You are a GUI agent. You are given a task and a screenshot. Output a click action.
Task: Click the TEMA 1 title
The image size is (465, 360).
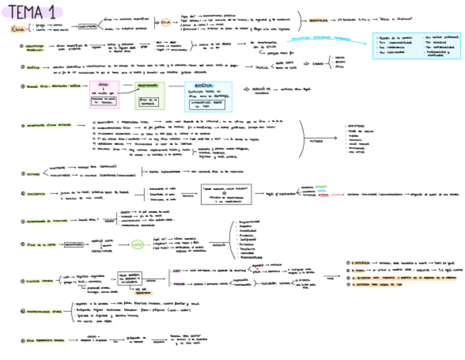coord(33,11)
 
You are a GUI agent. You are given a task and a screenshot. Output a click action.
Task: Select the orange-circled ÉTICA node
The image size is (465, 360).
coord(166,22)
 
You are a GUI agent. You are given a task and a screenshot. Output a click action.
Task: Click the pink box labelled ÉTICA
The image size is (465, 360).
coord(104,94)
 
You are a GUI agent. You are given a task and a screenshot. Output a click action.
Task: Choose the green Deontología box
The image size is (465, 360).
coord(150,94)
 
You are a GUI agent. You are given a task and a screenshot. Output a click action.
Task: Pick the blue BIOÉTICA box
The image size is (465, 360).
coord(208,97)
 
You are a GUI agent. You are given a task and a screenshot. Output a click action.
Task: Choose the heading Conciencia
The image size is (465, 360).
coord(37,193)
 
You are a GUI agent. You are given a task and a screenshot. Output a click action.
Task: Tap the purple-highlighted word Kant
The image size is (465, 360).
coord(176,271)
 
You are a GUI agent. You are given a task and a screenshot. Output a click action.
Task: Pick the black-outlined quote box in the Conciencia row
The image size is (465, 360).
coord(226,194)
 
